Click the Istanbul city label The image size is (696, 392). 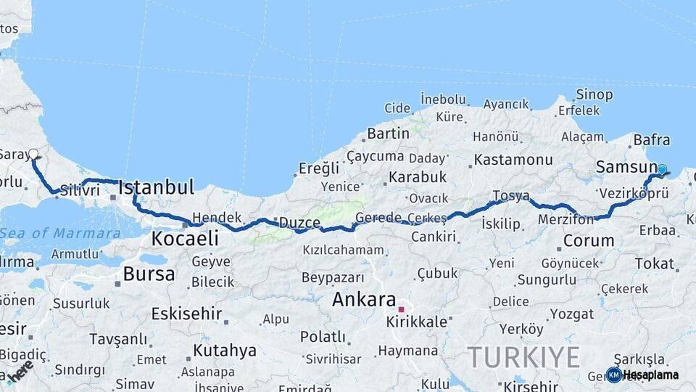pos(156,187)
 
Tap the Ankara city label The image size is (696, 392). pos(364,300)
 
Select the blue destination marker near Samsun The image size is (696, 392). pos(661,169)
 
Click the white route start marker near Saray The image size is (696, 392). pos(33,154)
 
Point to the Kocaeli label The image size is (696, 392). pos(185,239)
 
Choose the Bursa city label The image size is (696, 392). pos(149,274)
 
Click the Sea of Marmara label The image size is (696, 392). pos(60,233)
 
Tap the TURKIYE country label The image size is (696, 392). pos(523,357)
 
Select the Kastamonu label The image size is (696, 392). pos(513,160)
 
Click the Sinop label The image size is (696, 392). pos(594,94)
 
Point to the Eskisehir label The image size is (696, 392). pos(186,314)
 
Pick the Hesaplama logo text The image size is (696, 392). pos(650,375)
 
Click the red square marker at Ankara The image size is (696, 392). pos(401,309)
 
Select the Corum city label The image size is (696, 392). pos(588,240)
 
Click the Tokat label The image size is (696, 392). pos(654,263)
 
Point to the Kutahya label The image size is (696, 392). pos(225,351)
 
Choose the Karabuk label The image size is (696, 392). pos(418,176)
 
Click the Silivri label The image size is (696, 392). pos(79,190)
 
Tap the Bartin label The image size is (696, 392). pos(389,134)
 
